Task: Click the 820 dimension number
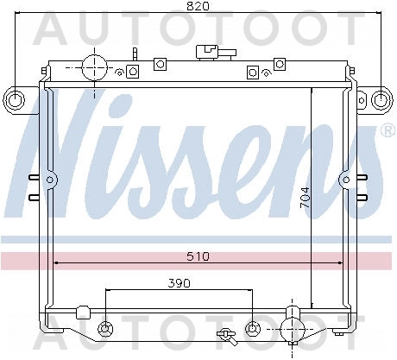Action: pyautogui.click(x=198, y=6)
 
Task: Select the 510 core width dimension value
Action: pyautogui.click(x=198, y=256)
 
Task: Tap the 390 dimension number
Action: pyautogui.click(x=179, y=284)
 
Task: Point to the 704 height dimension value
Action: pyautogui.click(x=305, y=198)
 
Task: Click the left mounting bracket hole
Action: pyautogui.click(x=14, y=100)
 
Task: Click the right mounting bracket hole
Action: pyautogui.click(x=381, y=100)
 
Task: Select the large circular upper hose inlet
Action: pyautogui.click(x=95, y=68)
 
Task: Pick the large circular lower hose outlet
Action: pyautogui.click(x=293, y=329)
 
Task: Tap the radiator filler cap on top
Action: pyautogui.click(x=216, y=53)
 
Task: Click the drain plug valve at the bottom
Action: pyautogui.click(x=228, y=337)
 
